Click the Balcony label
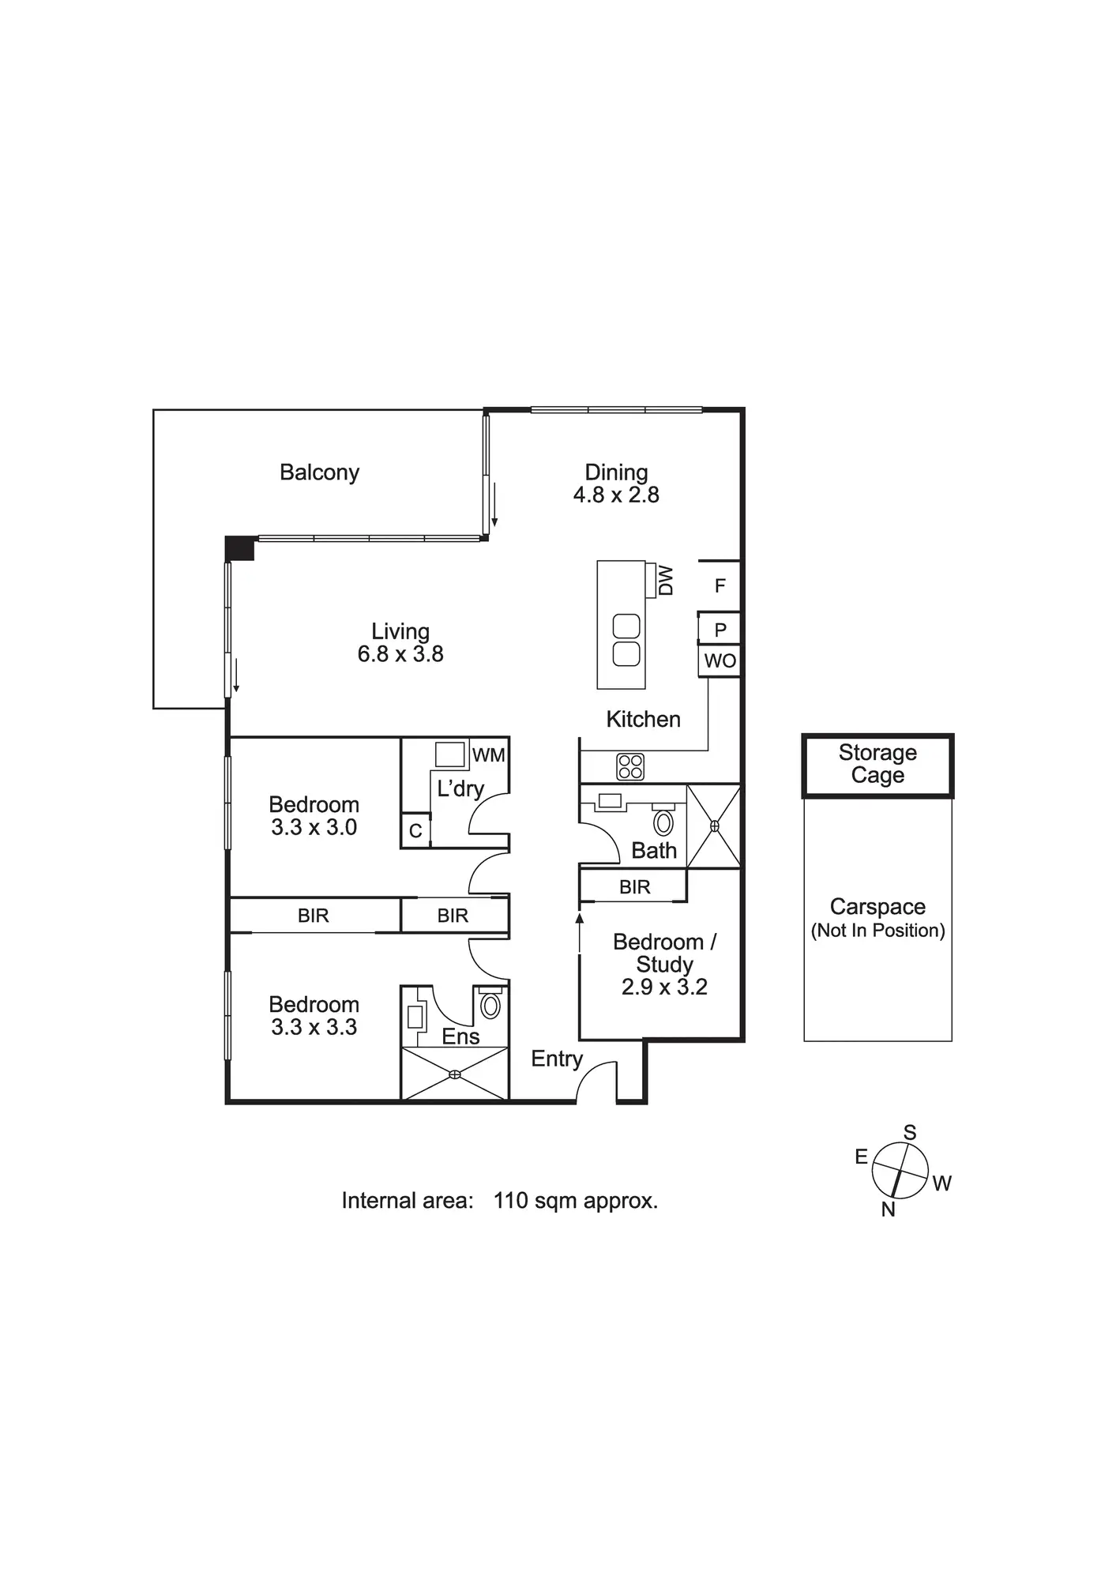(319, 472)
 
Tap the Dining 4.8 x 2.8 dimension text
(616, 495)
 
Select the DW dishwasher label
(666, 580)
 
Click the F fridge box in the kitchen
(720, 586)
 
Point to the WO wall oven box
(720, 661)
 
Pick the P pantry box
(720, 630)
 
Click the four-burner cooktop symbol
(630, 766)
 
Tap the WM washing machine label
(488, 755)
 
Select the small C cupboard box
(415, 831)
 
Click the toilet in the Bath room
(663, 822)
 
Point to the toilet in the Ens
(490, 1005)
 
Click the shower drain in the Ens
(455, 1074)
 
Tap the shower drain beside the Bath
(714, 826)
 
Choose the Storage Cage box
(877, 765)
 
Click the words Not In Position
(877, 931)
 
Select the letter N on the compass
(888, 1209)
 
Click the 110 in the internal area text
(510, 1202)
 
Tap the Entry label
(557, 1059)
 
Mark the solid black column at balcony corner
(239, 548)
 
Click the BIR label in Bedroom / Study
(634, 887)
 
